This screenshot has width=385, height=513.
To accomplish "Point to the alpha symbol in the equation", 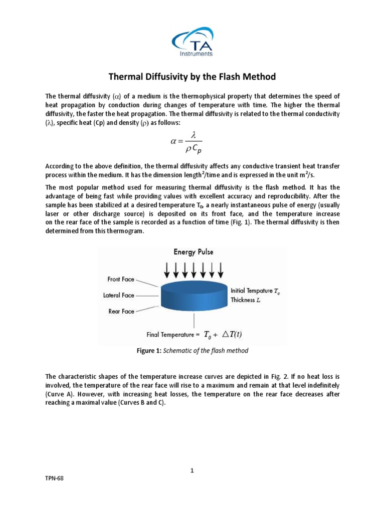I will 174,141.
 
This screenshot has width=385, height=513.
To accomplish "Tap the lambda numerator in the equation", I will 193,134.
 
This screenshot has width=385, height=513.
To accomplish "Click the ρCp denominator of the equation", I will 193,149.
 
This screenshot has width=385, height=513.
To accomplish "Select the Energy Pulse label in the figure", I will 194,252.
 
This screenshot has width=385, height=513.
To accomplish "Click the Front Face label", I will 121,279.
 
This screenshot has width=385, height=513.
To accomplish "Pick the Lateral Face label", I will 119,295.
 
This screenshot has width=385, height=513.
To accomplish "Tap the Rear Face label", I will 121,311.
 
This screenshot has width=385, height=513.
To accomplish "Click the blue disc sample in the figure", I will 193,299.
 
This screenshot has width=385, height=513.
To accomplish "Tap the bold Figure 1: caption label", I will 149,351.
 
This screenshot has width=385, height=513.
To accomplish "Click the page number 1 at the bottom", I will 192,470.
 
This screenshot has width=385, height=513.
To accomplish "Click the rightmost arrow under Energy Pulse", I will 221,271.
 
